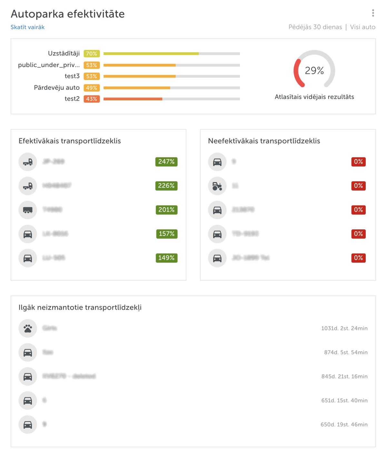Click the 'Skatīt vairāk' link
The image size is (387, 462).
tap(27, 27)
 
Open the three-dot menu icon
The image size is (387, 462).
tap(373, 13)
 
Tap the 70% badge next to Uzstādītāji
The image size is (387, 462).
tap(92, 54)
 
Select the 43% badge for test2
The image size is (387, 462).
tap(92, 99)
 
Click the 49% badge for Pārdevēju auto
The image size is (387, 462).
tap(92, 88)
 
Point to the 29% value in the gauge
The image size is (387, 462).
tap(314, 70)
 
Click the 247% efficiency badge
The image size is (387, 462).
tap(166, 162)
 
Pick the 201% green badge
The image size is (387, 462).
tap(166, 210)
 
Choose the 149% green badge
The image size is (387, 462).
tap(166, 258)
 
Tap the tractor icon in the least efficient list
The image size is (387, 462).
tap(217, 186)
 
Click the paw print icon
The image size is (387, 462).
tap(28, 328)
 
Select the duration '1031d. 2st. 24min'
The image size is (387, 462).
tap(344, 328)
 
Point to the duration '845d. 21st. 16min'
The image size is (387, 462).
tap(344, 377)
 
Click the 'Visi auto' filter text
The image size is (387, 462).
tap(362, 27)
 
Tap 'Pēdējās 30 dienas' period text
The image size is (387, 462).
tap(315, 27)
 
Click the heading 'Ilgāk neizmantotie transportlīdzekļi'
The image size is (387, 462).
tap(80, 307)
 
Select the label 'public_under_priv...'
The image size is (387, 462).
tap(49, 65)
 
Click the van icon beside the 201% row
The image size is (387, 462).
tap(28, 210)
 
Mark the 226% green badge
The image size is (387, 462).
tap(166, 186)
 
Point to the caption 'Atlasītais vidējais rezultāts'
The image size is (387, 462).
tap(314, 97)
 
